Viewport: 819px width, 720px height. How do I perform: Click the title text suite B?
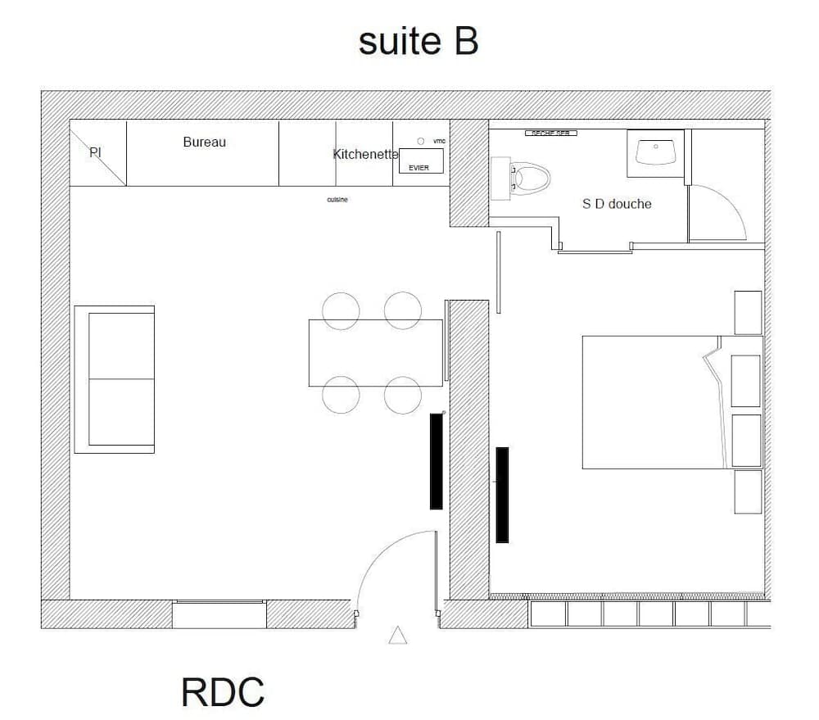[418, 41]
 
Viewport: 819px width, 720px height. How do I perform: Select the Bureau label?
[204, 143]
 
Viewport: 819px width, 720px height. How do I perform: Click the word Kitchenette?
[365, 154]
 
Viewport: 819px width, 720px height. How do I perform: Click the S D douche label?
[617, 204]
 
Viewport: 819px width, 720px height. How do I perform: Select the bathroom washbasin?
[655, 152]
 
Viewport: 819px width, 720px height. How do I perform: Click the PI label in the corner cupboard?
[95, 152]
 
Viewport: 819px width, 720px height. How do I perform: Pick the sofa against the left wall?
[115, 379]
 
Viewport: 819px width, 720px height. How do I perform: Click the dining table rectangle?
[376, 353]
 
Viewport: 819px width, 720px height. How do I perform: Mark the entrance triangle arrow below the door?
[398, 635]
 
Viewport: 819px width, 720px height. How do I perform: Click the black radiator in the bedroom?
[502, 495]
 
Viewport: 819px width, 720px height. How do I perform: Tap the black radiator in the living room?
[437, 461]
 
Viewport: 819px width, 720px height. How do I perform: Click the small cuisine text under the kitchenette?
[337, 200]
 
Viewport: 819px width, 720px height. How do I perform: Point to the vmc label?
[439, 141]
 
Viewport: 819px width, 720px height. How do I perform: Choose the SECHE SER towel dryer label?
[551, 133]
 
